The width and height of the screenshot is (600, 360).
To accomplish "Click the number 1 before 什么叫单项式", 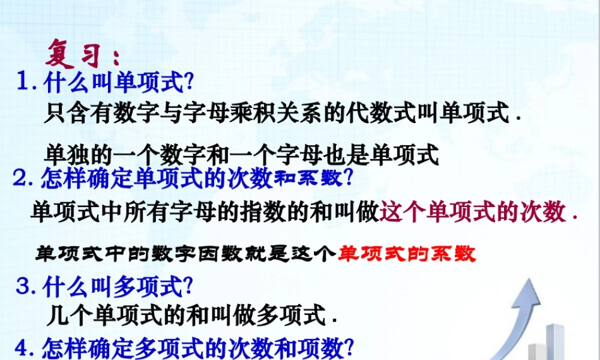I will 25,82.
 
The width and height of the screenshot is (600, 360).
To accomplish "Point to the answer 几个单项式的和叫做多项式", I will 190,314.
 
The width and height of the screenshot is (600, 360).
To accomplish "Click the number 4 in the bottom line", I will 25,348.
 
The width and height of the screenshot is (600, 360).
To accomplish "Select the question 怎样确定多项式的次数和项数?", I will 198,348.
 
